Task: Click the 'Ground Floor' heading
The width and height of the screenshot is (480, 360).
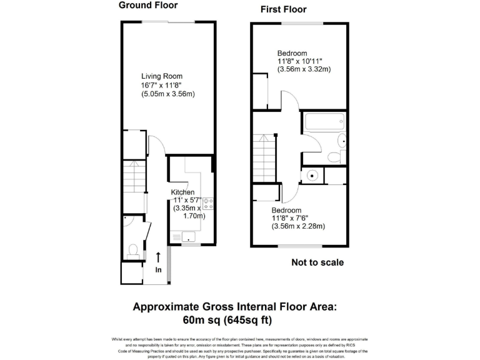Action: (x=148, y=6)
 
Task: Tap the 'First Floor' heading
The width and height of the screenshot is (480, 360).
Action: (x=283, y=10)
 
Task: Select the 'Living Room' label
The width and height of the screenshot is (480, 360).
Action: (x=161, y=76)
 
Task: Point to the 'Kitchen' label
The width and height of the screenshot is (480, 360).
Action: (x=183, y=192)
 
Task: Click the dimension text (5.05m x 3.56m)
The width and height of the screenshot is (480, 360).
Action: (x=168, y=94)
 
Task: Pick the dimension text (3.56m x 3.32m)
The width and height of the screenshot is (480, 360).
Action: (x=304, y=69)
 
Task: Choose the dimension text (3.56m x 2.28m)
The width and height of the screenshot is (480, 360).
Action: (x=298, y=226)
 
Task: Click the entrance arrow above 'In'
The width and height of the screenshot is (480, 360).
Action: (x=157, y=257)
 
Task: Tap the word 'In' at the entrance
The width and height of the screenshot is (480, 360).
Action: (x=158, y=270)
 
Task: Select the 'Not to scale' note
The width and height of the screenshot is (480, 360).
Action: (x=317, y=262)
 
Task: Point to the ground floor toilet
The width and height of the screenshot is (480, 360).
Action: (x=132, y=251)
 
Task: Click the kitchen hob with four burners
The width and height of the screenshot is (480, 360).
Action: (x=208, y=202)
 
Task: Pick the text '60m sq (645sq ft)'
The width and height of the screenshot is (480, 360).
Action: (x=227, y=320)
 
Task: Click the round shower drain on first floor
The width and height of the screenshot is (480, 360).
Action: (x=311, y=176)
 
